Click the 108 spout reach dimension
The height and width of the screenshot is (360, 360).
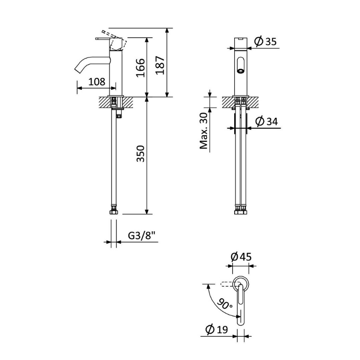click(97, 82)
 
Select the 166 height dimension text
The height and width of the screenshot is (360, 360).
click(141, 68)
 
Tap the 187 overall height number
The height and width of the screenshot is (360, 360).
click(160, 65)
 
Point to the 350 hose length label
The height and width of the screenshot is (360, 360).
click(141, 154)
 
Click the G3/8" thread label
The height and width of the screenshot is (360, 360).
click(141, 235)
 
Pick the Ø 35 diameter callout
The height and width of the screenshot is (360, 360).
click(266, 42)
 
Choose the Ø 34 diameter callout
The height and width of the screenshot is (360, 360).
click(266, 121)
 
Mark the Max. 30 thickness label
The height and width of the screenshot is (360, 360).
click(204, 131)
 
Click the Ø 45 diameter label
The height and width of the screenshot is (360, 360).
click(241, 257)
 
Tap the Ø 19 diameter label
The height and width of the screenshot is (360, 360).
click(216, 330)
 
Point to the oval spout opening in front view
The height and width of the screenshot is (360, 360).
click(241, 65)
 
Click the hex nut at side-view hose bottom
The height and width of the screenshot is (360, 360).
click(114, 211)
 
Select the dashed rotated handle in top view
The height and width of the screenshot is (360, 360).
click(227, 285)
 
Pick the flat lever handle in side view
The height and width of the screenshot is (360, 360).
click(102, 39)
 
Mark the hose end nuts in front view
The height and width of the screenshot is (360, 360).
click(241, 211)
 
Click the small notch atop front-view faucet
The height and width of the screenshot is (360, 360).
click(241, 39)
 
